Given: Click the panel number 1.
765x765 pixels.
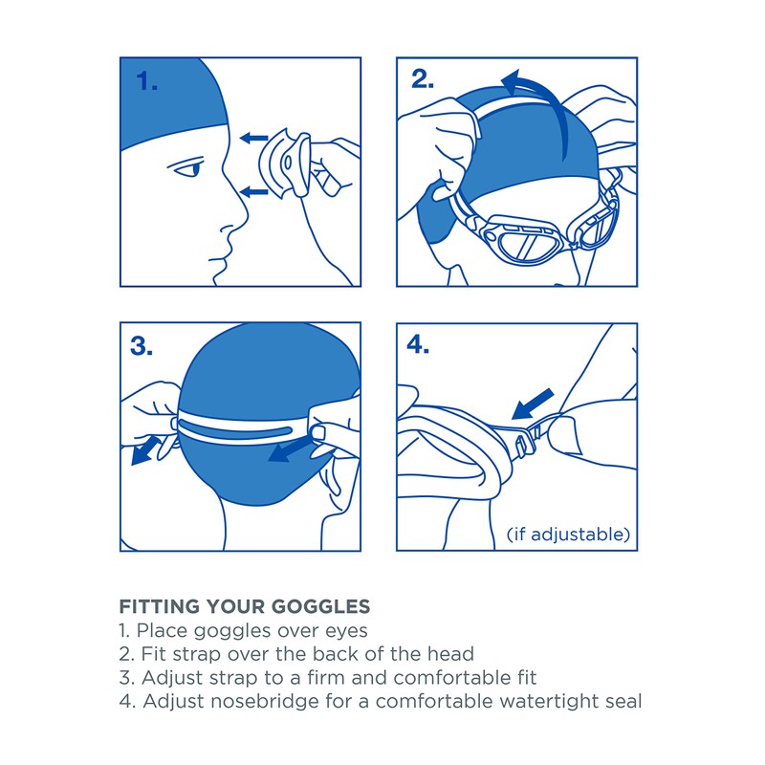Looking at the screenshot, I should point(145,81).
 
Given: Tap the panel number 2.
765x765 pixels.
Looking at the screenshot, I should point(422,80).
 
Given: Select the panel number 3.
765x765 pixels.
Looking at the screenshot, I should point(142,346).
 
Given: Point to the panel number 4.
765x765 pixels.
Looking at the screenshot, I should point(419,345).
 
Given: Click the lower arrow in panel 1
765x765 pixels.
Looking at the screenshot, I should point(253,191).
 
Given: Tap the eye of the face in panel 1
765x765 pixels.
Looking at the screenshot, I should point(191,170).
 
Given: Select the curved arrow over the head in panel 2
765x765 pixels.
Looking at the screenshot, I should point(535,88).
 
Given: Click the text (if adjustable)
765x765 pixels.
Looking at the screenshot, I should point(568,533).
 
